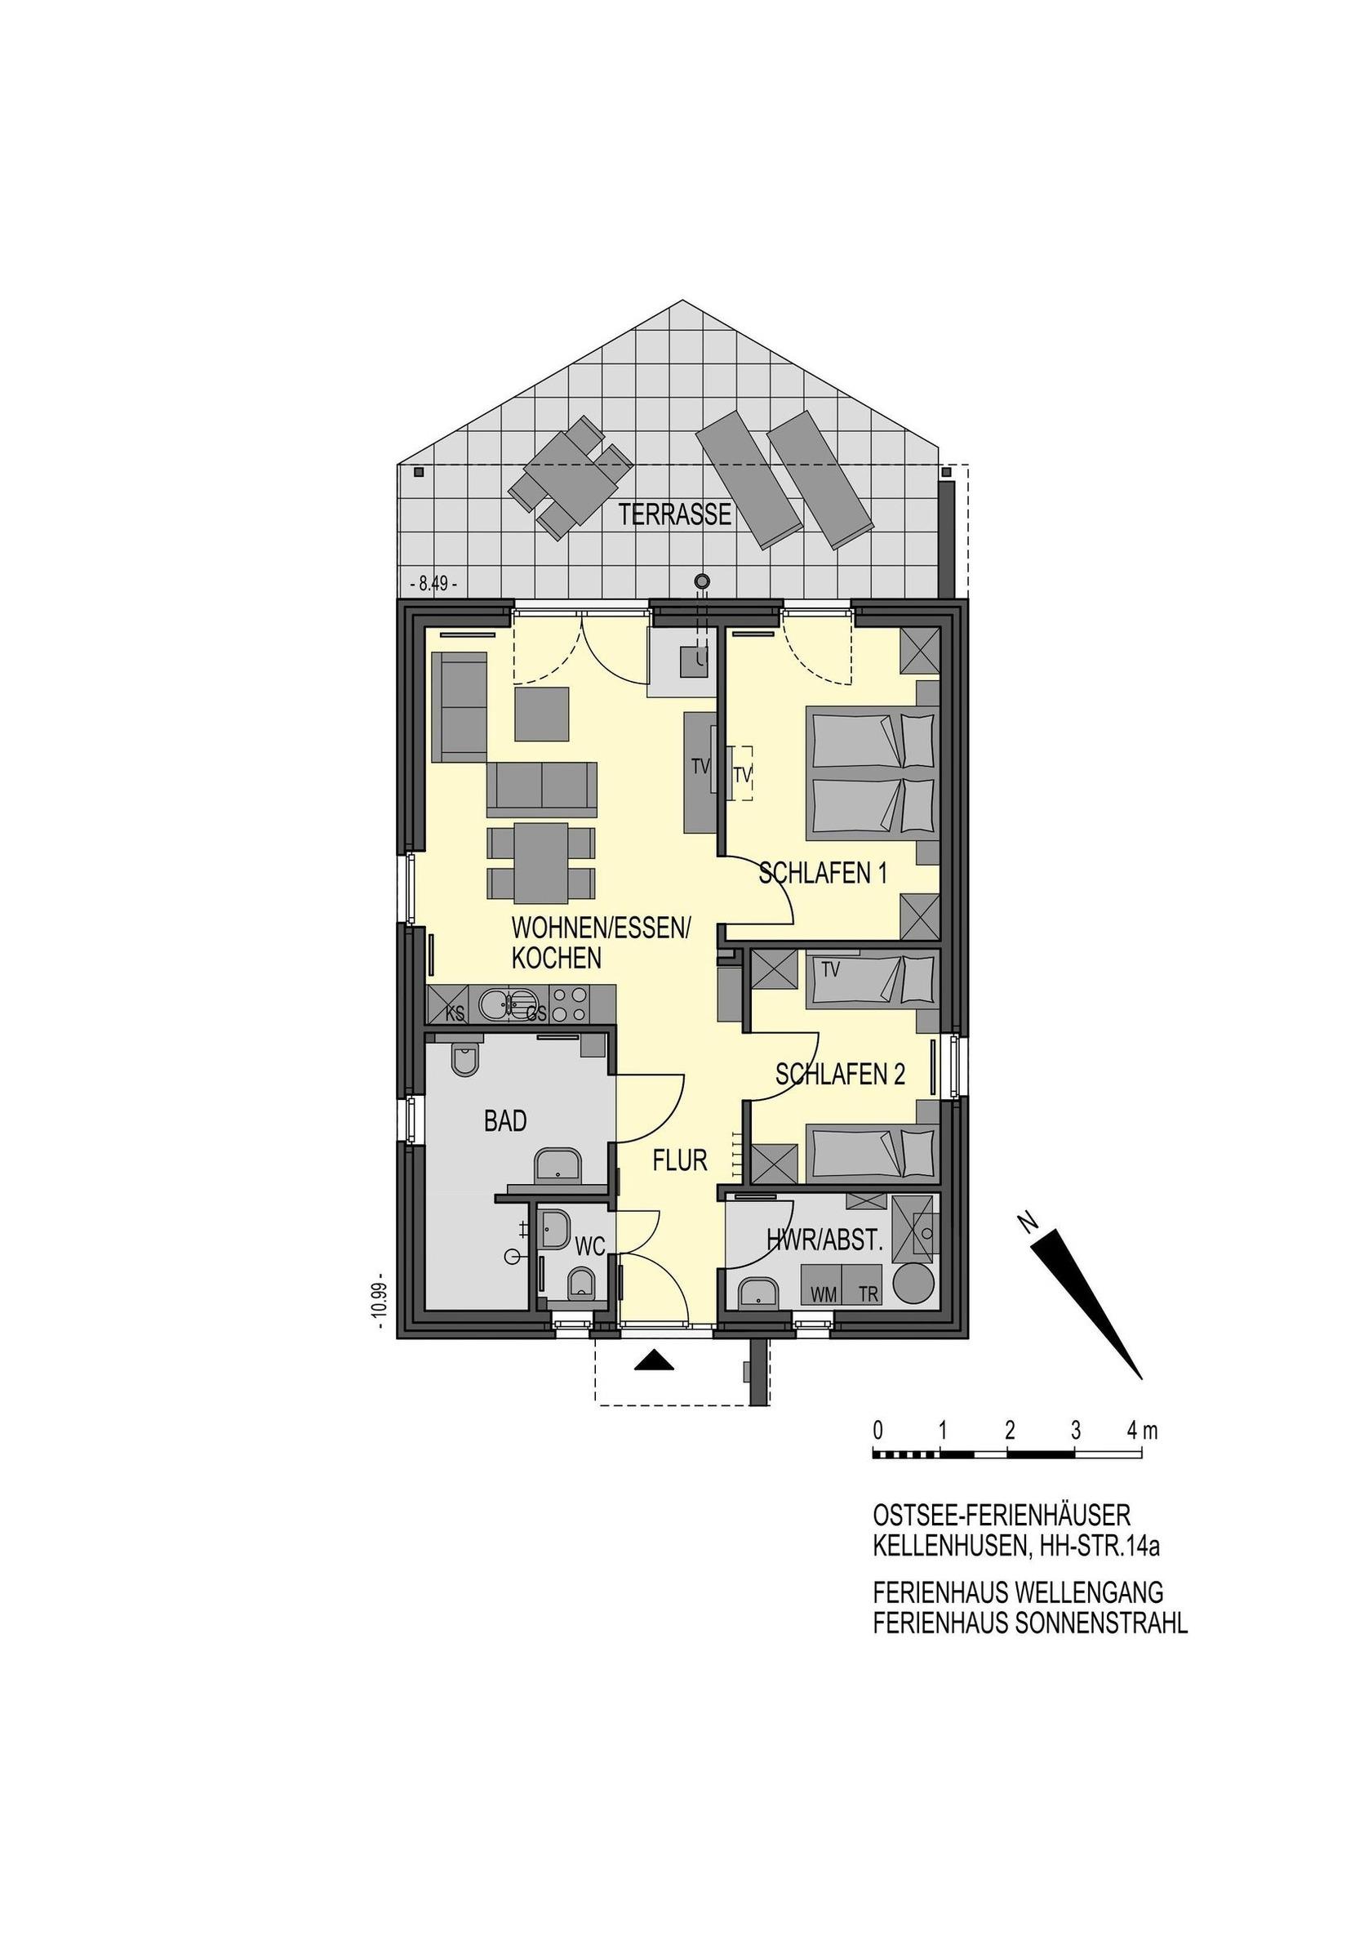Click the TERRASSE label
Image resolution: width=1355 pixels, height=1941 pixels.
pos(674,514)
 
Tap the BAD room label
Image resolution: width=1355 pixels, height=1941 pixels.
pos(505,1121)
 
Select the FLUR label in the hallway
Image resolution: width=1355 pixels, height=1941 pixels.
pos(680,1160)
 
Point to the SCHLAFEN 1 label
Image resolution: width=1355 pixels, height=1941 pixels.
pos(823,872)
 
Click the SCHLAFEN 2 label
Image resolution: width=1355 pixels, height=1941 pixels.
pos(840,1074)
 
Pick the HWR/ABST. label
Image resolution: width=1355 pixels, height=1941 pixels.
pos(824,1241)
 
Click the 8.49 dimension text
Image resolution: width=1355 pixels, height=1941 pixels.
pos(433,583)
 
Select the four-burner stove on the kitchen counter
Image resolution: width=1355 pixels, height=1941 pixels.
pos(568,1005)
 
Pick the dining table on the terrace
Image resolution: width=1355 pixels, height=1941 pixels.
pos(569,479)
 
